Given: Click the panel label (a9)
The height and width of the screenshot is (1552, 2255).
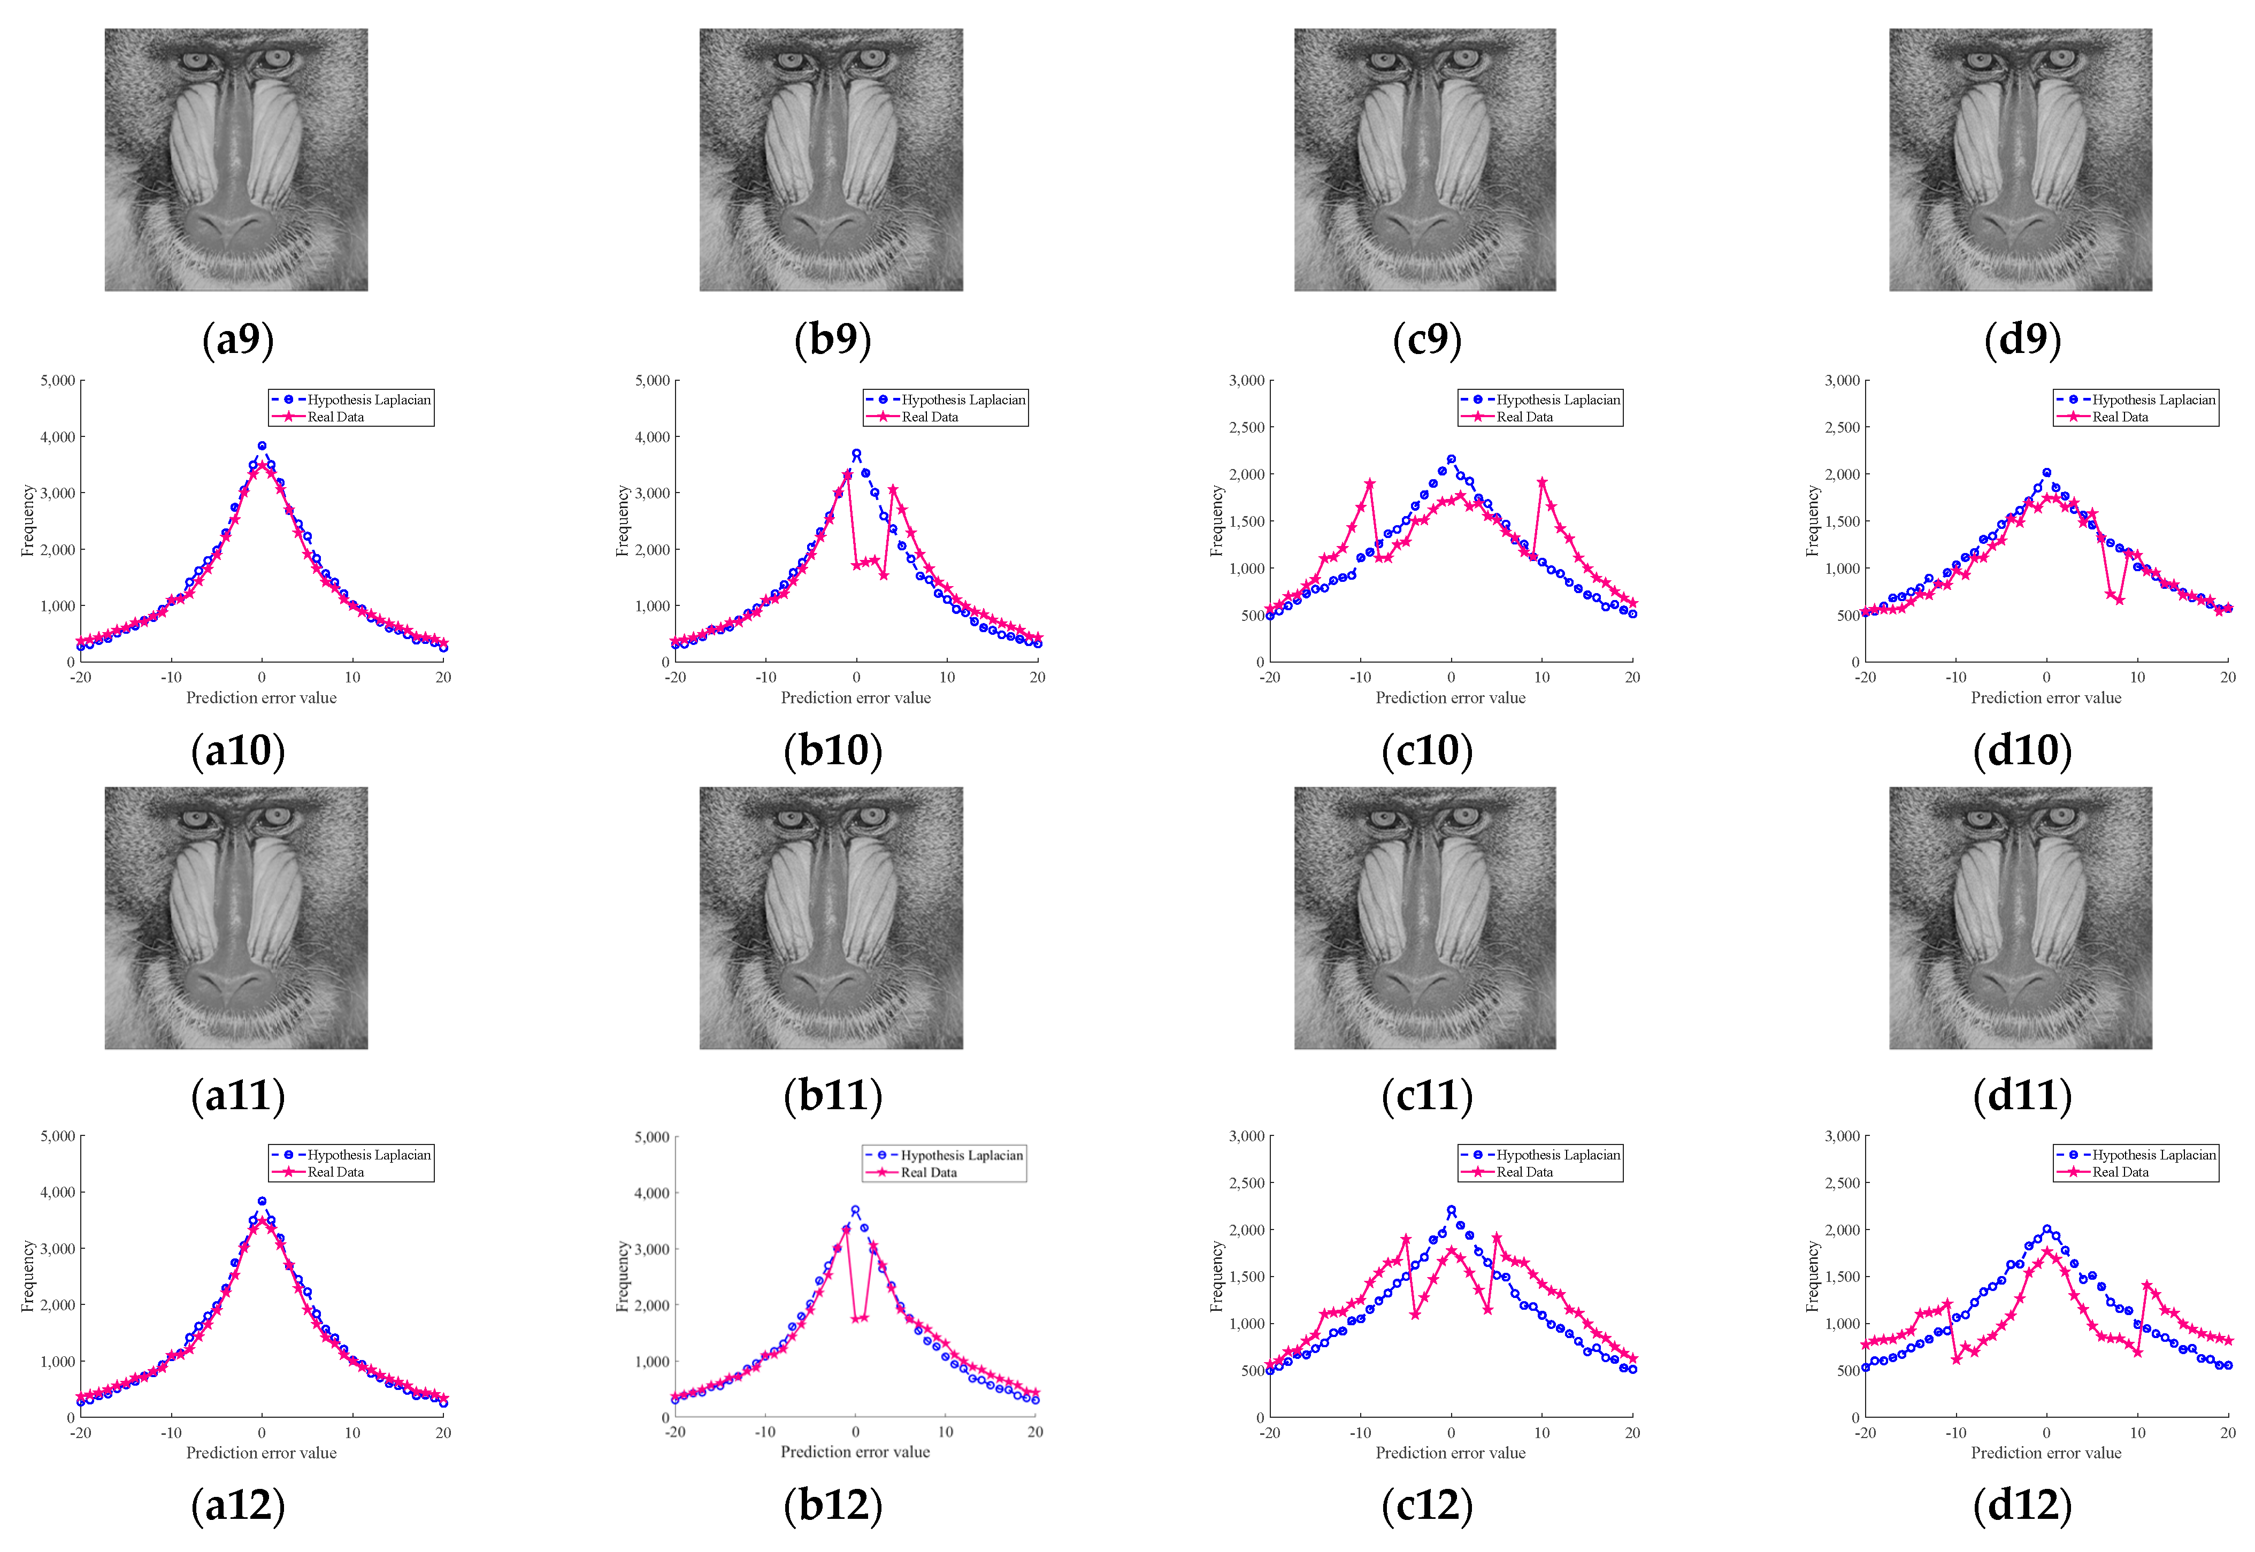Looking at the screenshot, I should pos(238,340).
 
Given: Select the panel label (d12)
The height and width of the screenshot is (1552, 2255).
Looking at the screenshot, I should pos(2022,1505).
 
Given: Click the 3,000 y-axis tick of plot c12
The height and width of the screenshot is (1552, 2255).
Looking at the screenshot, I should pos(1247,1136).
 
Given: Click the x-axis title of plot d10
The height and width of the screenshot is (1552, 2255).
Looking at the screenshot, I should pos(2046,697).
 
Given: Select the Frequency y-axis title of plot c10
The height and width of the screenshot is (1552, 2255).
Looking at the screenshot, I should pos(1216,521).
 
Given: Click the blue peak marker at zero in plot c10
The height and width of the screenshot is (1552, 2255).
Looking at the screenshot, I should pos(1451,459).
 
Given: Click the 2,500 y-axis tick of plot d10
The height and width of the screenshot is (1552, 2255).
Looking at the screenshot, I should pos(1842,427).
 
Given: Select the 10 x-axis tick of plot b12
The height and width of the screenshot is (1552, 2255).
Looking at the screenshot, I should pos(945,1432).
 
